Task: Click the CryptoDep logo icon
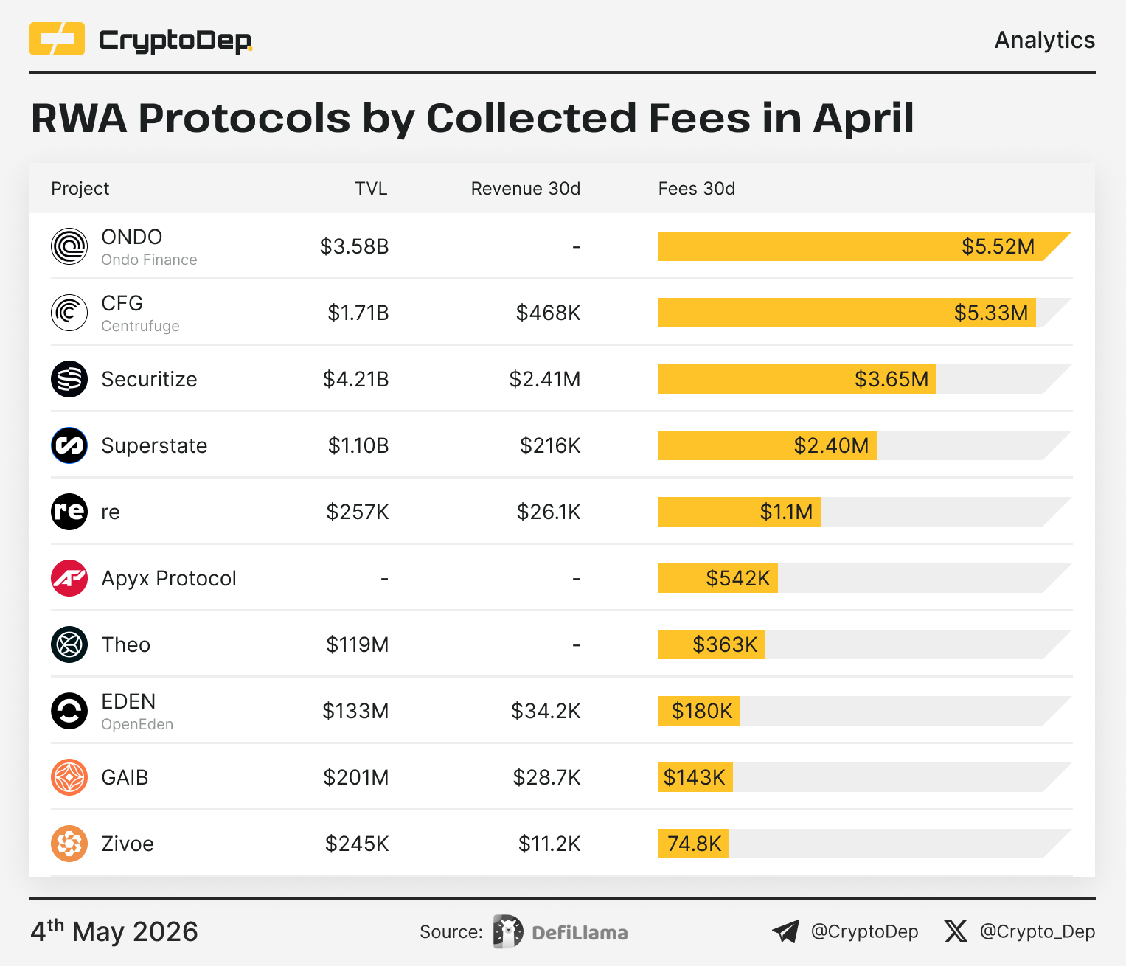pyautogui.click(x=58, y=38)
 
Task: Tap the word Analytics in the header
pyautogui.click(x=1044, y=41)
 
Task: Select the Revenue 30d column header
pyautogui.click(x=525, y=189)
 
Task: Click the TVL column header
pyautogui.click(x=371, y=189)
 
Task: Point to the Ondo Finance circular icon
pyautogui.click(x=69, y=246)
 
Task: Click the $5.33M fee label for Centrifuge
pyautogui.click(x=990, y=313)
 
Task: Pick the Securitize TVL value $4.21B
pyautogui.click(x=355, y=379)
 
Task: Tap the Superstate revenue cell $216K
pyautogui.click(x=549, y=445)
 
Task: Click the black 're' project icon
pyautogui.click(x=69, y=512)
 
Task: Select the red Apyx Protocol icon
pyautogui.click(x=69, y=578)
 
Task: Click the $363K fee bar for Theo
pyautogui.click(x=711, y=644)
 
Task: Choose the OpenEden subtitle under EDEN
pyautogui.click(x=137, y=724)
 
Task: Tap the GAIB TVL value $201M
pyautogui.click(x=355, y=777)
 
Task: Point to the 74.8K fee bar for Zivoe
pyautogui.click(x=693, y=844)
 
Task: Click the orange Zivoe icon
pyautogui.click(x=69, y=844)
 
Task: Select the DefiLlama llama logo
pyautogui.click(x=508, y=931)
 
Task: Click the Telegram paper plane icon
pyautogui.click(x=785, y=931)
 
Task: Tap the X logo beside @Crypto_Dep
pyautogui.click(x=956, y=931)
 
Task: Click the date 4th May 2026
pyautogui.click(x=114, y=931)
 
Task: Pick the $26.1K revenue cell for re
pyautogui.click(x=549, y=512)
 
